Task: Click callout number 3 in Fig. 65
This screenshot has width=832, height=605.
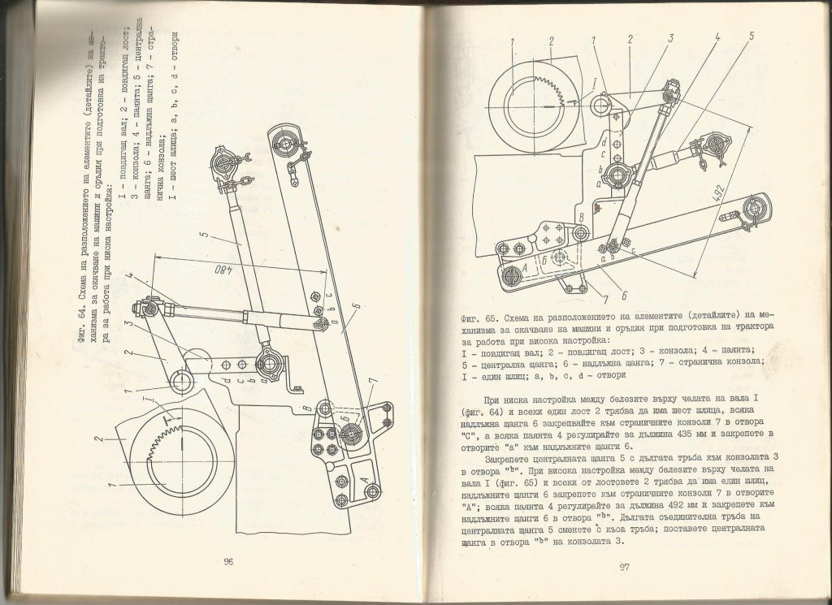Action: pos(672,38)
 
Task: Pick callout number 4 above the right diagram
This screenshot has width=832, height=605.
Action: pos(718,37)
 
